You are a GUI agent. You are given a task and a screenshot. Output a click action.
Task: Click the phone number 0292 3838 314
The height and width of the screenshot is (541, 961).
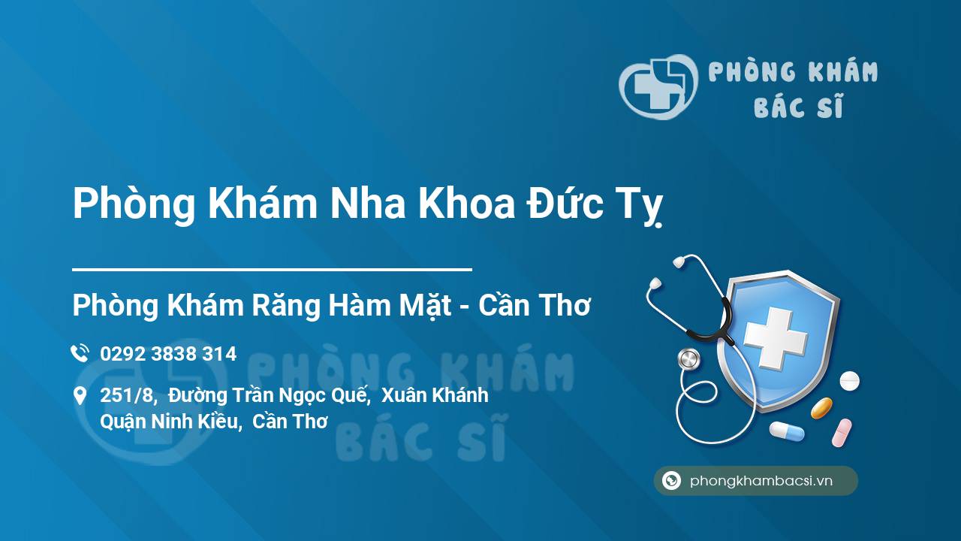coord(168,354)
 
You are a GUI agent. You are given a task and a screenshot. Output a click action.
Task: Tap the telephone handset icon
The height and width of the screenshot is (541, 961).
coord(80,353)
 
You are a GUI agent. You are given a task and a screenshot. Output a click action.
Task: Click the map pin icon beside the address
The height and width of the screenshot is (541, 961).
coord(80,395)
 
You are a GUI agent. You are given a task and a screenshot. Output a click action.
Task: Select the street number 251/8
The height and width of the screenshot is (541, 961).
coord(128,395)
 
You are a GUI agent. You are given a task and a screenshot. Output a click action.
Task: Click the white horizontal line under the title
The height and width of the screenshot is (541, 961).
coord(272,268)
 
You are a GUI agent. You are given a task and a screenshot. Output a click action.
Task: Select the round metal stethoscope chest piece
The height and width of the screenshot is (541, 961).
coord(688,359)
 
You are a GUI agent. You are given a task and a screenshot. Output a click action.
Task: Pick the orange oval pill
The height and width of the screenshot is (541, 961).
coord(821,408)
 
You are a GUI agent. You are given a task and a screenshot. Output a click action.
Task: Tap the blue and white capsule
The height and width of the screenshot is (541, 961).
coord(786,431)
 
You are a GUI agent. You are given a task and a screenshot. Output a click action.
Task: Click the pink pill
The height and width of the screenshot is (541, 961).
coord(842,433)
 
